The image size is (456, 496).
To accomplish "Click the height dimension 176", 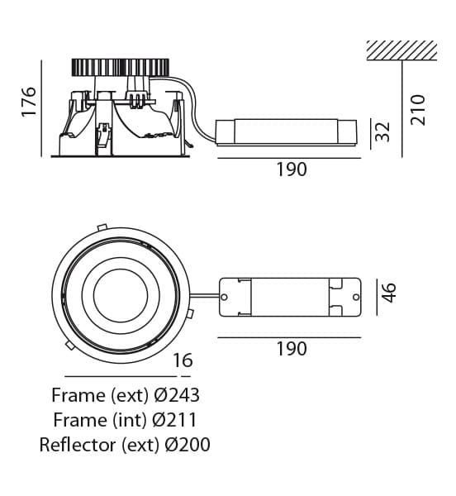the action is (29, 102).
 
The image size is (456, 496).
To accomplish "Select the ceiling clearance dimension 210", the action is (418, 109).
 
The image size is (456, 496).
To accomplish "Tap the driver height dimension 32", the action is (382, 131).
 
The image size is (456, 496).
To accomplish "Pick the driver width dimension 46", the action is (388, 293).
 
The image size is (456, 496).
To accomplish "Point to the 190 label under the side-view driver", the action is (292, 169).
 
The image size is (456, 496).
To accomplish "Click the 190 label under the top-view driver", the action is (292, 349).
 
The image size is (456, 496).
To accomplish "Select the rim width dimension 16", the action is (183, 360).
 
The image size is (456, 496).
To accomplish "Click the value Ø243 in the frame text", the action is (177, 395).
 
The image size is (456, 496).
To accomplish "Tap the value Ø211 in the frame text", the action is (174, 420).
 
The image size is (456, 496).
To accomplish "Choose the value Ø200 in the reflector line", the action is (188, 445).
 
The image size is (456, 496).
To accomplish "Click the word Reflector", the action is (78, 445).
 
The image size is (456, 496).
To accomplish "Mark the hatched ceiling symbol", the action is (401, 50).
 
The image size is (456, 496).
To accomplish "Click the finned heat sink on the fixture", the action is (121, 68).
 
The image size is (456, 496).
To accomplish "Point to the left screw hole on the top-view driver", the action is (224, 297).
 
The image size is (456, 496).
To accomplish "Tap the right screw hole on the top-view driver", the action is (356, 297).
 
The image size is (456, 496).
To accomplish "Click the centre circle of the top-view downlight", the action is (121, 296).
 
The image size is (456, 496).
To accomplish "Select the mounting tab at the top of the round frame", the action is (102, 227).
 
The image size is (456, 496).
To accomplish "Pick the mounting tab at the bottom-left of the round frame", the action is (70, 346).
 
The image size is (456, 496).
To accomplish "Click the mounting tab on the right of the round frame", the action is (190, 313).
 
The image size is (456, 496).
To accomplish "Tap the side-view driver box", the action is (287, 132).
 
